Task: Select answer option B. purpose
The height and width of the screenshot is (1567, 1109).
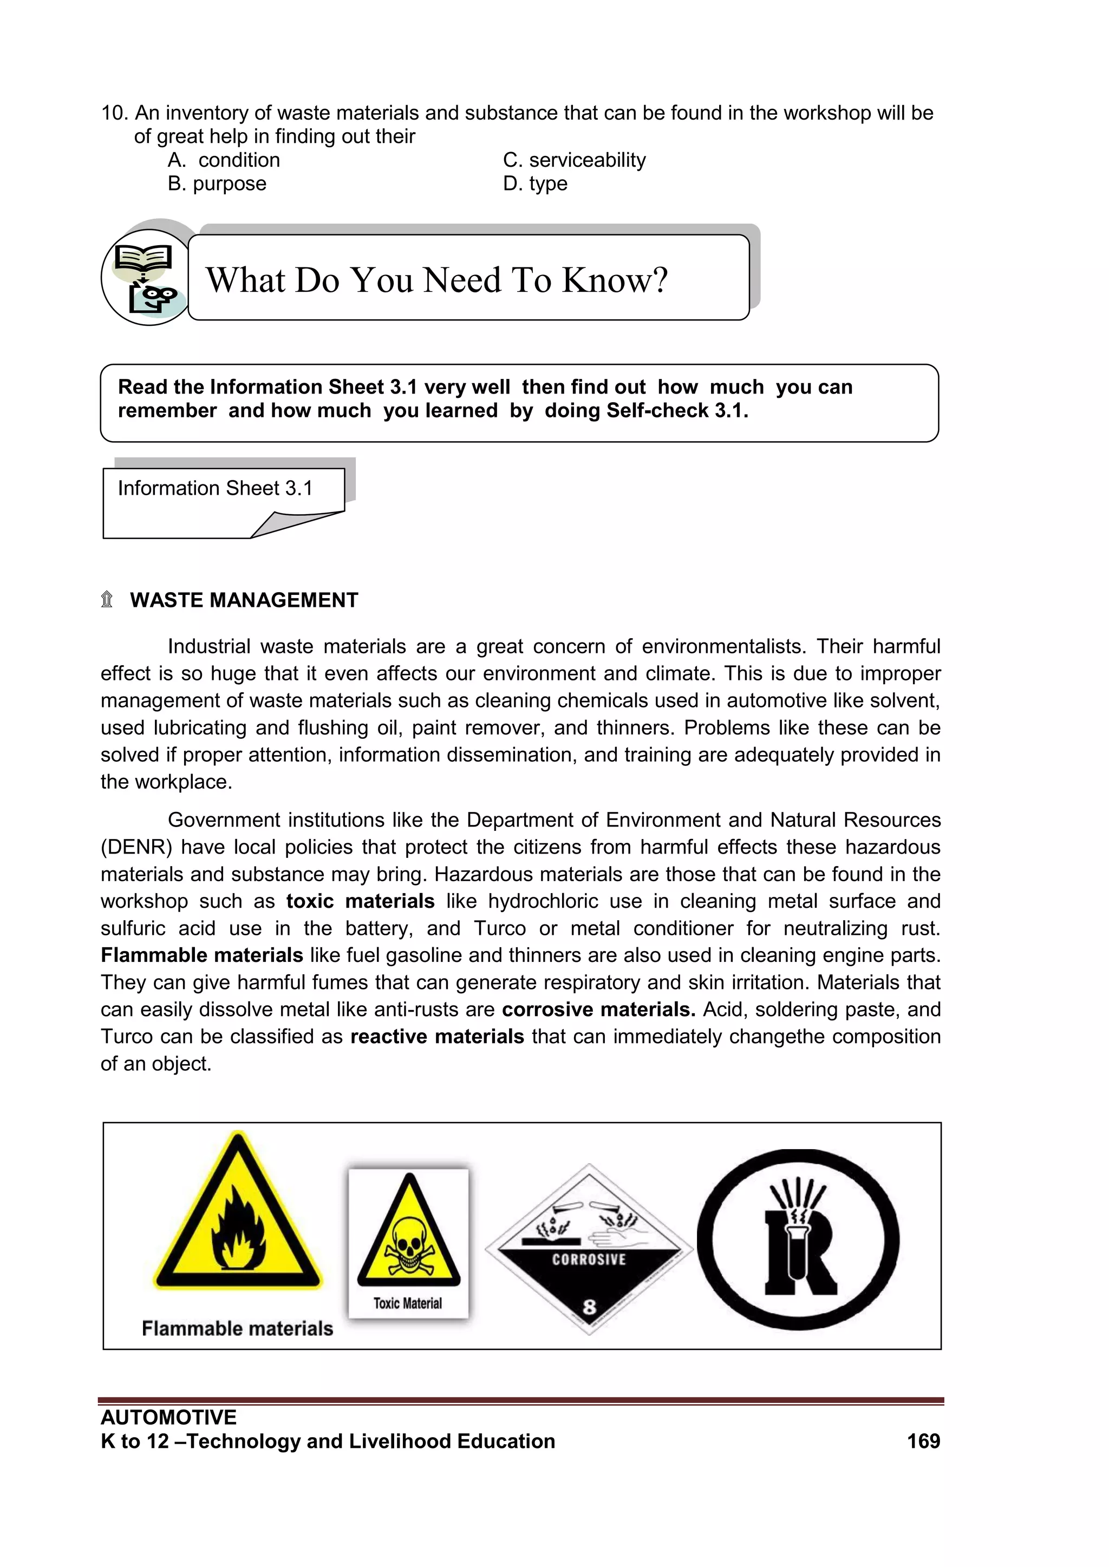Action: pos(217,183)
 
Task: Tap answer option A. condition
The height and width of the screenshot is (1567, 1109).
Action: pos(224,160)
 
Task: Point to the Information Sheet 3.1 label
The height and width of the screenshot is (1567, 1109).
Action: pos(215,489)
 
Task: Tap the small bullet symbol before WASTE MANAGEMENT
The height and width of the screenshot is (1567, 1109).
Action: pos(107,600)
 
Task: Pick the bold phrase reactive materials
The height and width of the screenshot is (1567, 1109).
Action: pos(437,1037)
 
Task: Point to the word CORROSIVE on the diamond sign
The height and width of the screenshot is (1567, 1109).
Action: pos(589,1259)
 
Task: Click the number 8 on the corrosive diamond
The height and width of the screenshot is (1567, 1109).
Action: pos(589,1307)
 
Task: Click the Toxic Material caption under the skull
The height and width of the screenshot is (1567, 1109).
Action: pos(408,1303)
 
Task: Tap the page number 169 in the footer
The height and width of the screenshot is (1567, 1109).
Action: pos(923,1441)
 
